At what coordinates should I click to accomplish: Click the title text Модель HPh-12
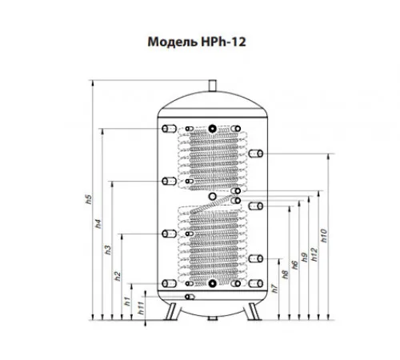[197, 42]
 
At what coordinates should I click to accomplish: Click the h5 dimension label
[89, 199]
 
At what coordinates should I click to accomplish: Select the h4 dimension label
[98, 223]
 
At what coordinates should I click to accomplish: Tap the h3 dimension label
[108, 250]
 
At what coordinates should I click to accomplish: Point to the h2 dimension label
[118, 276]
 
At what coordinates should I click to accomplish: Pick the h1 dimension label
[128, 301]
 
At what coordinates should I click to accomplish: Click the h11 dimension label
[141, 307]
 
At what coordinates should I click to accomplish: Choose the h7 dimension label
[274, 289]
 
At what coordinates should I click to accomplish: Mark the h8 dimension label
[285, 274]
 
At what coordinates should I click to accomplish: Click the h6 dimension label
[294, 265]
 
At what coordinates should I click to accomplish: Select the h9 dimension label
[304, 257]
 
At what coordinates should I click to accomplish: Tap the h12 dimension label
[314, 254]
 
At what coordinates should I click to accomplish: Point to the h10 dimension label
[323, 236]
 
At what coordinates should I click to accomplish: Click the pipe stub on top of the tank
[212, 86]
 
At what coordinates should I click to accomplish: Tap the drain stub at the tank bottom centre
[213, 318]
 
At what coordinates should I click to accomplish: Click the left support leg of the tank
[172, 311]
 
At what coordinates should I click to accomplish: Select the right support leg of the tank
[253, 311]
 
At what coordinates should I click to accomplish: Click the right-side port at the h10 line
[256, 154]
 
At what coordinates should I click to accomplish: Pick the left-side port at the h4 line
[169, 129]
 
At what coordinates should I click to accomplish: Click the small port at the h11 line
[190, 297]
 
